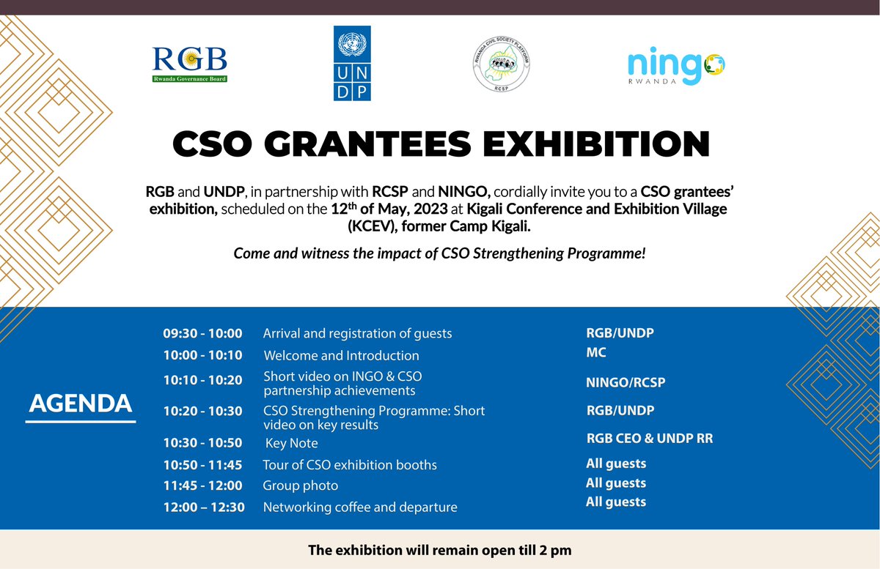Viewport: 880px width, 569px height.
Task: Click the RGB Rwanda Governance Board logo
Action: tap(189, 64)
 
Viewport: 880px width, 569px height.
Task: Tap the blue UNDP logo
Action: tap(352, 63)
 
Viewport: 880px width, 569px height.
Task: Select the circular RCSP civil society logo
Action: tap(502, 66)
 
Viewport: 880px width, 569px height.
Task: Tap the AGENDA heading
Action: tap(81, 403)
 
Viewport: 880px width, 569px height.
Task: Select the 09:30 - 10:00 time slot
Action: tap(202, 334)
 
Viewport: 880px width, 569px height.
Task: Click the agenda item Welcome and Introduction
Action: tap(341, 356)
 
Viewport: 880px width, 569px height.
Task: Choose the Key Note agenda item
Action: tap(291, 444)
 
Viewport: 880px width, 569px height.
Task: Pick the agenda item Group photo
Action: tap(301, 486)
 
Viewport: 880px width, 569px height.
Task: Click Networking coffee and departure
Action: tap(360, 507)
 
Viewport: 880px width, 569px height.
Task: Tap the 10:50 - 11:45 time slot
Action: tap(202, 465)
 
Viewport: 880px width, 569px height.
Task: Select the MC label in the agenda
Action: tap(595, 352)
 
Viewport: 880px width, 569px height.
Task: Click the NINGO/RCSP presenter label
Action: tap(626, 382)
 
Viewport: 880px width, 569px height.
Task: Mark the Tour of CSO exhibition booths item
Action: tap(350, 465)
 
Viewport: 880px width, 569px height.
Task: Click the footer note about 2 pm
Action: tap(439, 549)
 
